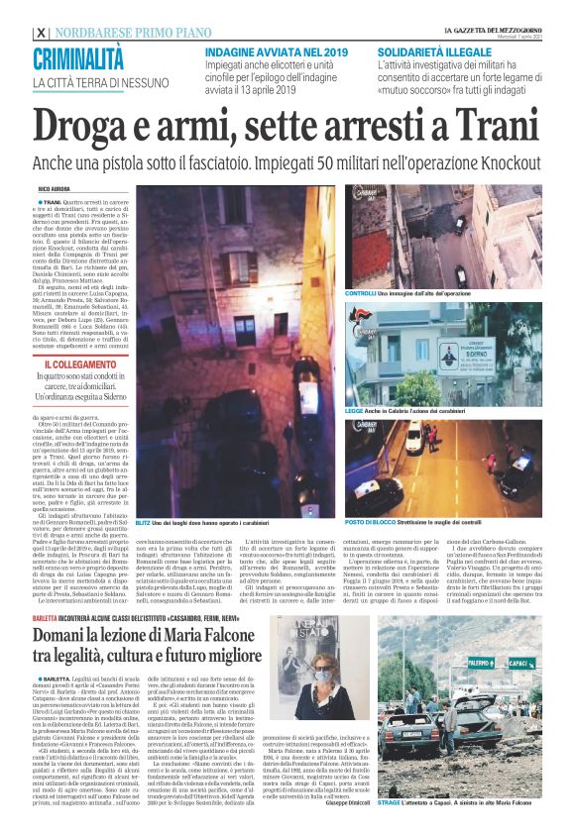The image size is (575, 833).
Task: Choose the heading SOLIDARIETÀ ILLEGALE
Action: [x=428, y=48]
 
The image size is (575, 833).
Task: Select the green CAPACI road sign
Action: [x=517, y=661]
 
